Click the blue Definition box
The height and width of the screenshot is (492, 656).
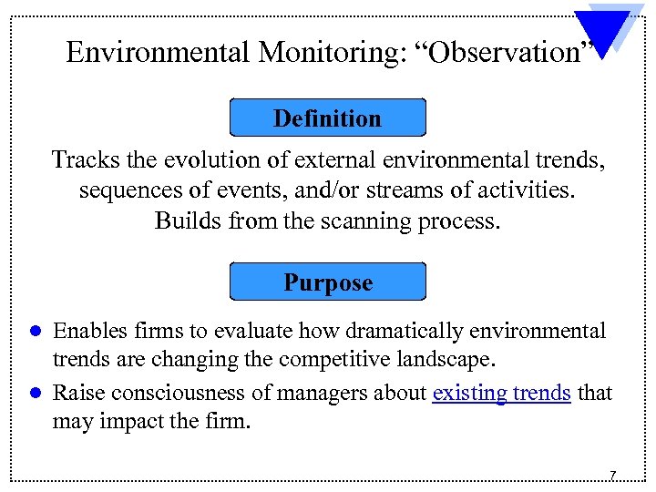328,118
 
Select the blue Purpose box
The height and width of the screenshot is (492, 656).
328,282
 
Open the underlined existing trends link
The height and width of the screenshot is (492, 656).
502,393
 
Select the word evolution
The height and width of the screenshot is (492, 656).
204,160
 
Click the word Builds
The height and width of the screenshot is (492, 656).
184,221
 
